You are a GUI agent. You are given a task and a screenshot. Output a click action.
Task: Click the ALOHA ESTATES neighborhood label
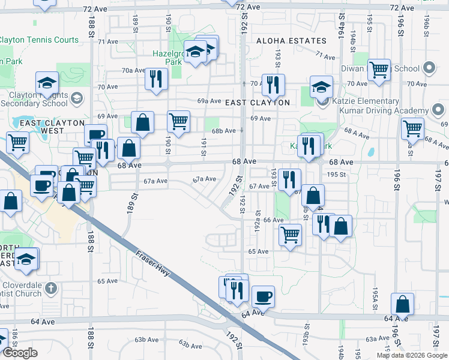click(291, 41)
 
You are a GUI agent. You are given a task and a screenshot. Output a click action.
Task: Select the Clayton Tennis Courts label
click(39, 40)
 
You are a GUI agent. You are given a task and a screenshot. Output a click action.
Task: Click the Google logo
click(20, 353)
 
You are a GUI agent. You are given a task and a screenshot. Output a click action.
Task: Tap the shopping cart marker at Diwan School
click(379, 70)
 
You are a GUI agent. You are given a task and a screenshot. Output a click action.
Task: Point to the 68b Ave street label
click(223, 131)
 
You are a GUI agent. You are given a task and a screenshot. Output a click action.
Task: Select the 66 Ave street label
click(273, 220)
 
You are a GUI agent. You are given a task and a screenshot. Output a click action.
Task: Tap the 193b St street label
click(306, 344)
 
